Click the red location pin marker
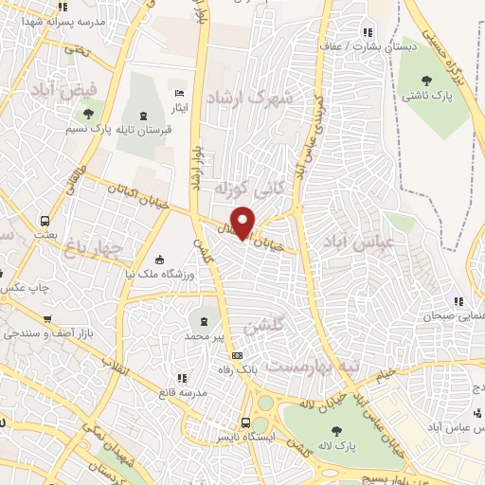pos(243,222)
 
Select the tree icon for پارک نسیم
pos(78,115)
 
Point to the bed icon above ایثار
pos(180,95)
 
